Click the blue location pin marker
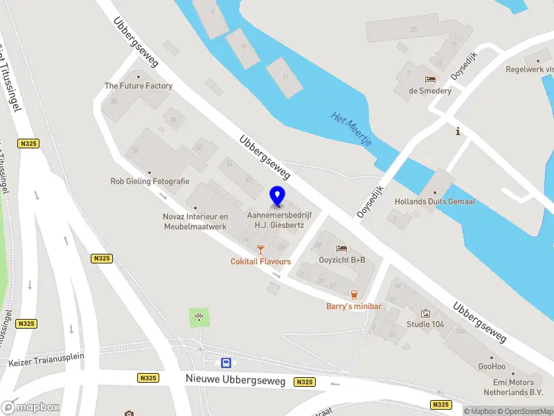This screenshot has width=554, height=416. (277, 196)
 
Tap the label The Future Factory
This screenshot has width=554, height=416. (138, 86)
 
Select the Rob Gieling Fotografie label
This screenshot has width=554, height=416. (150, 181)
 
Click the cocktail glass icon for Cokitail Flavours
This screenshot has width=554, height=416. (260, 249)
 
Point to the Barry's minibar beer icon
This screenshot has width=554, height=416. (355, 295)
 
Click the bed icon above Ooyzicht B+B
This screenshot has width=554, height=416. (341, 248)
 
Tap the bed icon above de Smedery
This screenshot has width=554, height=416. (430, 79)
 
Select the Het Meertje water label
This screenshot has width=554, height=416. (352, 129)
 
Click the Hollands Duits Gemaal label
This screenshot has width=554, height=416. (434, 202)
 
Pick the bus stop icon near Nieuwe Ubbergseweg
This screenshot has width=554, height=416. (226, 363)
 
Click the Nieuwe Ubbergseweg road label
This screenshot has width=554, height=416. (235, 379)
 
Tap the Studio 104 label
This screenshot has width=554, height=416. (425, 324)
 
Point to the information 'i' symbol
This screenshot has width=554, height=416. (457, 131)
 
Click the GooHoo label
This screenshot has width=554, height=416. (491, 366)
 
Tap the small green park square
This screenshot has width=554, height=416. (199, 318)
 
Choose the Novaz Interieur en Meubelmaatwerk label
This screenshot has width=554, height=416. (195, 221)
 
